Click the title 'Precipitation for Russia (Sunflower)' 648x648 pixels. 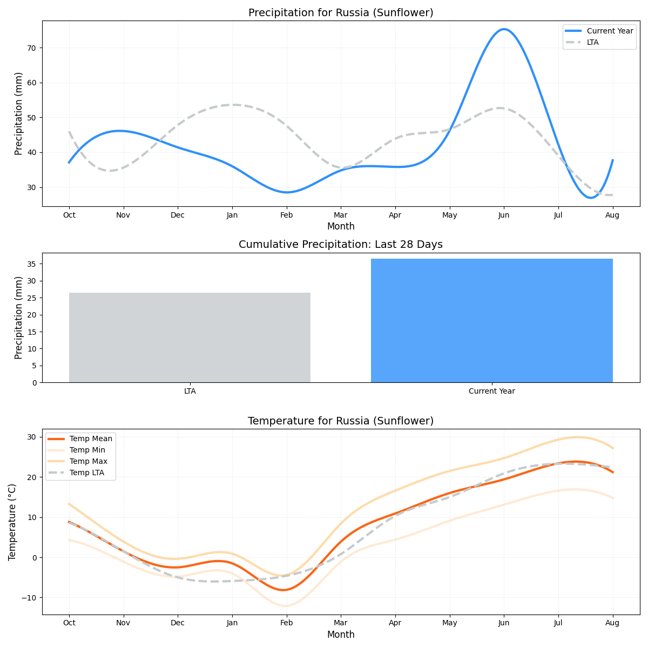click(341, 13)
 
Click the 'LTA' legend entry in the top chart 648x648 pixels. click(592, 42)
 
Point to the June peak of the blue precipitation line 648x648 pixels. click(504, 29)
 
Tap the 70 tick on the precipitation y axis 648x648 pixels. click(31, 48)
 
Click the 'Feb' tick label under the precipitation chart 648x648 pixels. click(286, 215)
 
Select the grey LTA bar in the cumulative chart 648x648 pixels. click(190, 337)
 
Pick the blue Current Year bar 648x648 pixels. click(491, 321)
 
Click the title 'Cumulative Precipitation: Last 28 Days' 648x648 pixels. click(341, 245)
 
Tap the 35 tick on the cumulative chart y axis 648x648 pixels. click(31, 264)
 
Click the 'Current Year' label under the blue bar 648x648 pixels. click(491, 391)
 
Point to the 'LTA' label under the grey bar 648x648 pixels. click(190, 391)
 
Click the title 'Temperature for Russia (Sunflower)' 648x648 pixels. click(341, 421)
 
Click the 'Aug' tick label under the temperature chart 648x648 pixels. click(612, 623)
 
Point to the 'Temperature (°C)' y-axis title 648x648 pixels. click(12, 522)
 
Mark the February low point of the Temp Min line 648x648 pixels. click(285, 606)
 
